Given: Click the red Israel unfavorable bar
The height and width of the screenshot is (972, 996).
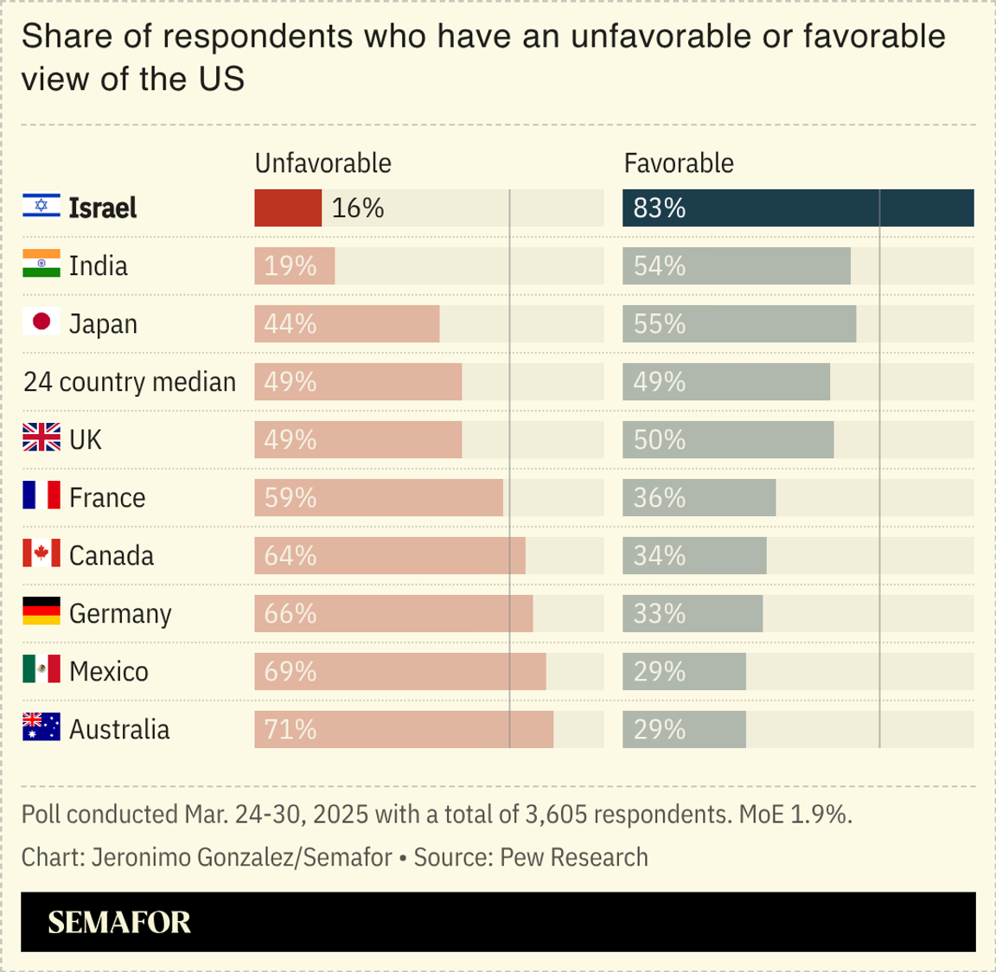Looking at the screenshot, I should pos(288,208).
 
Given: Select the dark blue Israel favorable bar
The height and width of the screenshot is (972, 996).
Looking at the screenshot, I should pos(798,208).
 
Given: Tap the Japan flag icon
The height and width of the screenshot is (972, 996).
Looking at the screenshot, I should pos(41,323).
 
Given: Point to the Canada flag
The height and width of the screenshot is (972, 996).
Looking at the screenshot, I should pos(41,553).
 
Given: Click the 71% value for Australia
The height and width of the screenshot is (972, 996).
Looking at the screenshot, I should pos(290,730).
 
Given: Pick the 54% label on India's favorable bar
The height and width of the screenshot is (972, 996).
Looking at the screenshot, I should pos(660,265).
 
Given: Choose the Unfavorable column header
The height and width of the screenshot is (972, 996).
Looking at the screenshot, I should pos(322,163).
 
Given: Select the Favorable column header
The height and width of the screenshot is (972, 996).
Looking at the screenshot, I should pos(679,163).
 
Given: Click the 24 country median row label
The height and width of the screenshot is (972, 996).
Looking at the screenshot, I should pos(130,381).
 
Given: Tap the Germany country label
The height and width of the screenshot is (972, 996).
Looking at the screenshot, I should pos(120,613).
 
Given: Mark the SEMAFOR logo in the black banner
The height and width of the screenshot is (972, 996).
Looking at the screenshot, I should pos(119,922).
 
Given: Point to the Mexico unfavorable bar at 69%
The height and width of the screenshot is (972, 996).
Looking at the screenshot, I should pos(400,671).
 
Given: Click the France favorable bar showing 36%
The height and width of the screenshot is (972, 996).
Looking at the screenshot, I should pos(699,497).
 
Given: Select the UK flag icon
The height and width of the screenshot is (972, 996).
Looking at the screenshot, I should pos(41,438).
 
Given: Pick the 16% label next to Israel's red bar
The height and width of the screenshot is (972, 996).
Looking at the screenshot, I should pos(358,208).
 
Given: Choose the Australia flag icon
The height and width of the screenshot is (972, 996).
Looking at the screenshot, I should pos(41,727).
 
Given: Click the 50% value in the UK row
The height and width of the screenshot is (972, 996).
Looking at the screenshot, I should pos(660,439).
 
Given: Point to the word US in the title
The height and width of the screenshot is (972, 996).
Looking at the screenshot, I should pos(221,79).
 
